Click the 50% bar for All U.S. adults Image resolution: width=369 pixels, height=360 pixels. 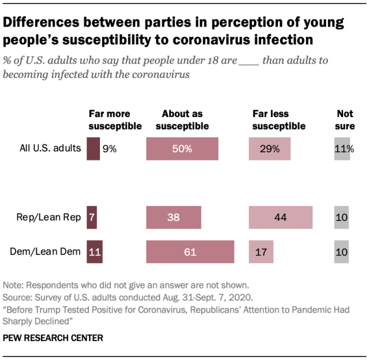point(182,148)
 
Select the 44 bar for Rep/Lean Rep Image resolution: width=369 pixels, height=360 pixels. point(281,217)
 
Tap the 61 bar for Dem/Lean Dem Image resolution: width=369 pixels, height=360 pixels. point(190,252)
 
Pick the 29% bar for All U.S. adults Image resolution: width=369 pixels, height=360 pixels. point(270,148)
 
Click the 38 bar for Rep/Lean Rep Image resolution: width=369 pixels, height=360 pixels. point(174,217)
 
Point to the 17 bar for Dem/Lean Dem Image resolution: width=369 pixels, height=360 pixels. point(261,252)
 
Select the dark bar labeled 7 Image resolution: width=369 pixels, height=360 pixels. point(91,217)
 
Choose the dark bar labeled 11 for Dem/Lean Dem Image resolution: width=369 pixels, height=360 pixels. point(94,252)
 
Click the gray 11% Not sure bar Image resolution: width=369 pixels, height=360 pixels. point(342,148)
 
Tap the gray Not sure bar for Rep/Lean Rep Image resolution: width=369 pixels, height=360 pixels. point(342,217)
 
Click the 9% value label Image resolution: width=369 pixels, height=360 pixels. point(110,148)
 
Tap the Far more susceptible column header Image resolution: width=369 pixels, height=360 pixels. point(114,120)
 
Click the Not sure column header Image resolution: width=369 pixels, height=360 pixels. point(345,120)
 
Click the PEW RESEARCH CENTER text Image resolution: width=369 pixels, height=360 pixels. point(53,338)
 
